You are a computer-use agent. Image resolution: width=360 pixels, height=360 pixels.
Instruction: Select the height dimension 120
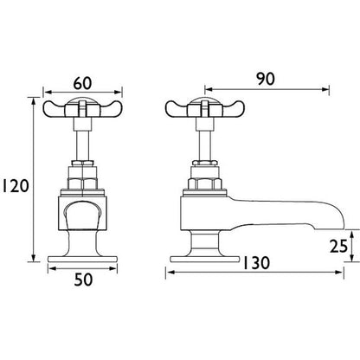click(x=16, y=184)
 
